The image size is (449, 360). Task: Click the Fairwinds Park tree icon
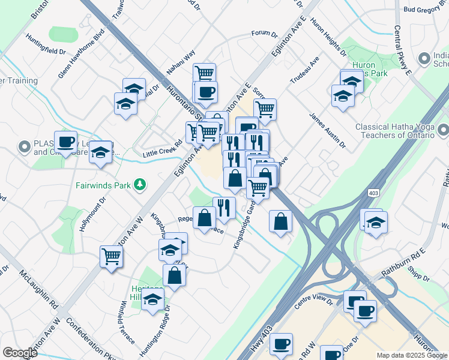pyautogui.click(x=140, y=184)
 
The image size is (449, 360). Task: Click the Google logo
pyautogui.click(x=20, y=353)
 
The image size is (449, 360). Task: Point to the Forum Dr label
pyautogui.click(x=264, y=34)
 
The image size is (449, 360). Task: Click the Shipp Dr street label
pyautogui.click(x=418, y=277)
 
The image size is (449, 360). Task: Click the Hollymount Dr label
pyautogui.click(x=92, y=214)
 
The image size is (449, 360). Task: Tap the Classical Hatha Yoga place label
pyautogui.click(x=394, y=131)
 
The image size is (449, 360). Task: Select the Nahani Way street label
pyautogui.click(x=181, y=62)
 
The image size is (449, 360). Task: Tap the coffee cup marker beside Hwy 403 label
pyautogui.click(x=281, y=344)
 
